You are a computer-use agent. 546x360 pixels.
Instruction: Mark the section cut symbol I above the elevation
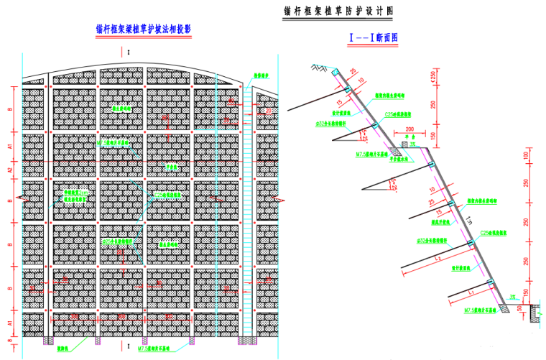point(129,52)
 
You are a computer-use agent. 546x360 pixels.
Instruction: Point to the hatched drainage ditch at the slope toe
point(535,310)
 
